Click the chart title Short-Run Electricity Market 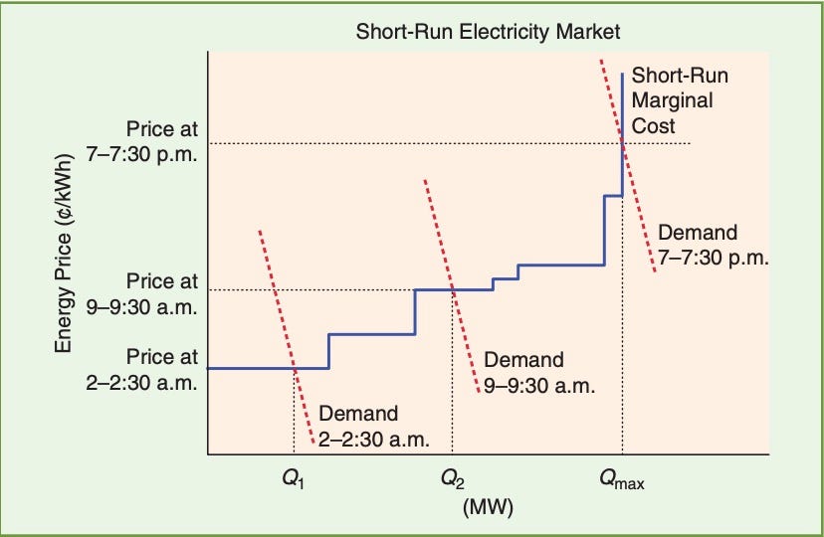(x=489, y=33)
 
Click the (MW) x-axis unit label (x=489, y=508)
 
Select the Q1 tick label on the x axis (x=293, y=483)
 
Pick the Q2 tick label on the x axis (x=452, y=483)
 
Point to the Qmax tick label (x=621, y=483)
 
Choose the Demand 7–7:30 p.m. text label (x=711, y=245)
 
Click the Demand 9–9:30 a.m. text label (x=538, y=372)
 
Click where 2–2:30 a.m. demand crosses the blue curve (x=294, y=368)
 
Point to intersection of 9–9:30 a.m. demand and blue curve (x=453, y=289)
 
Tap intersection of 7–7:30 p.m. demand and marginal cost (x=623, y=145)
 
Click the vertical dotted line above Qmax (x=623, y=318)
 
